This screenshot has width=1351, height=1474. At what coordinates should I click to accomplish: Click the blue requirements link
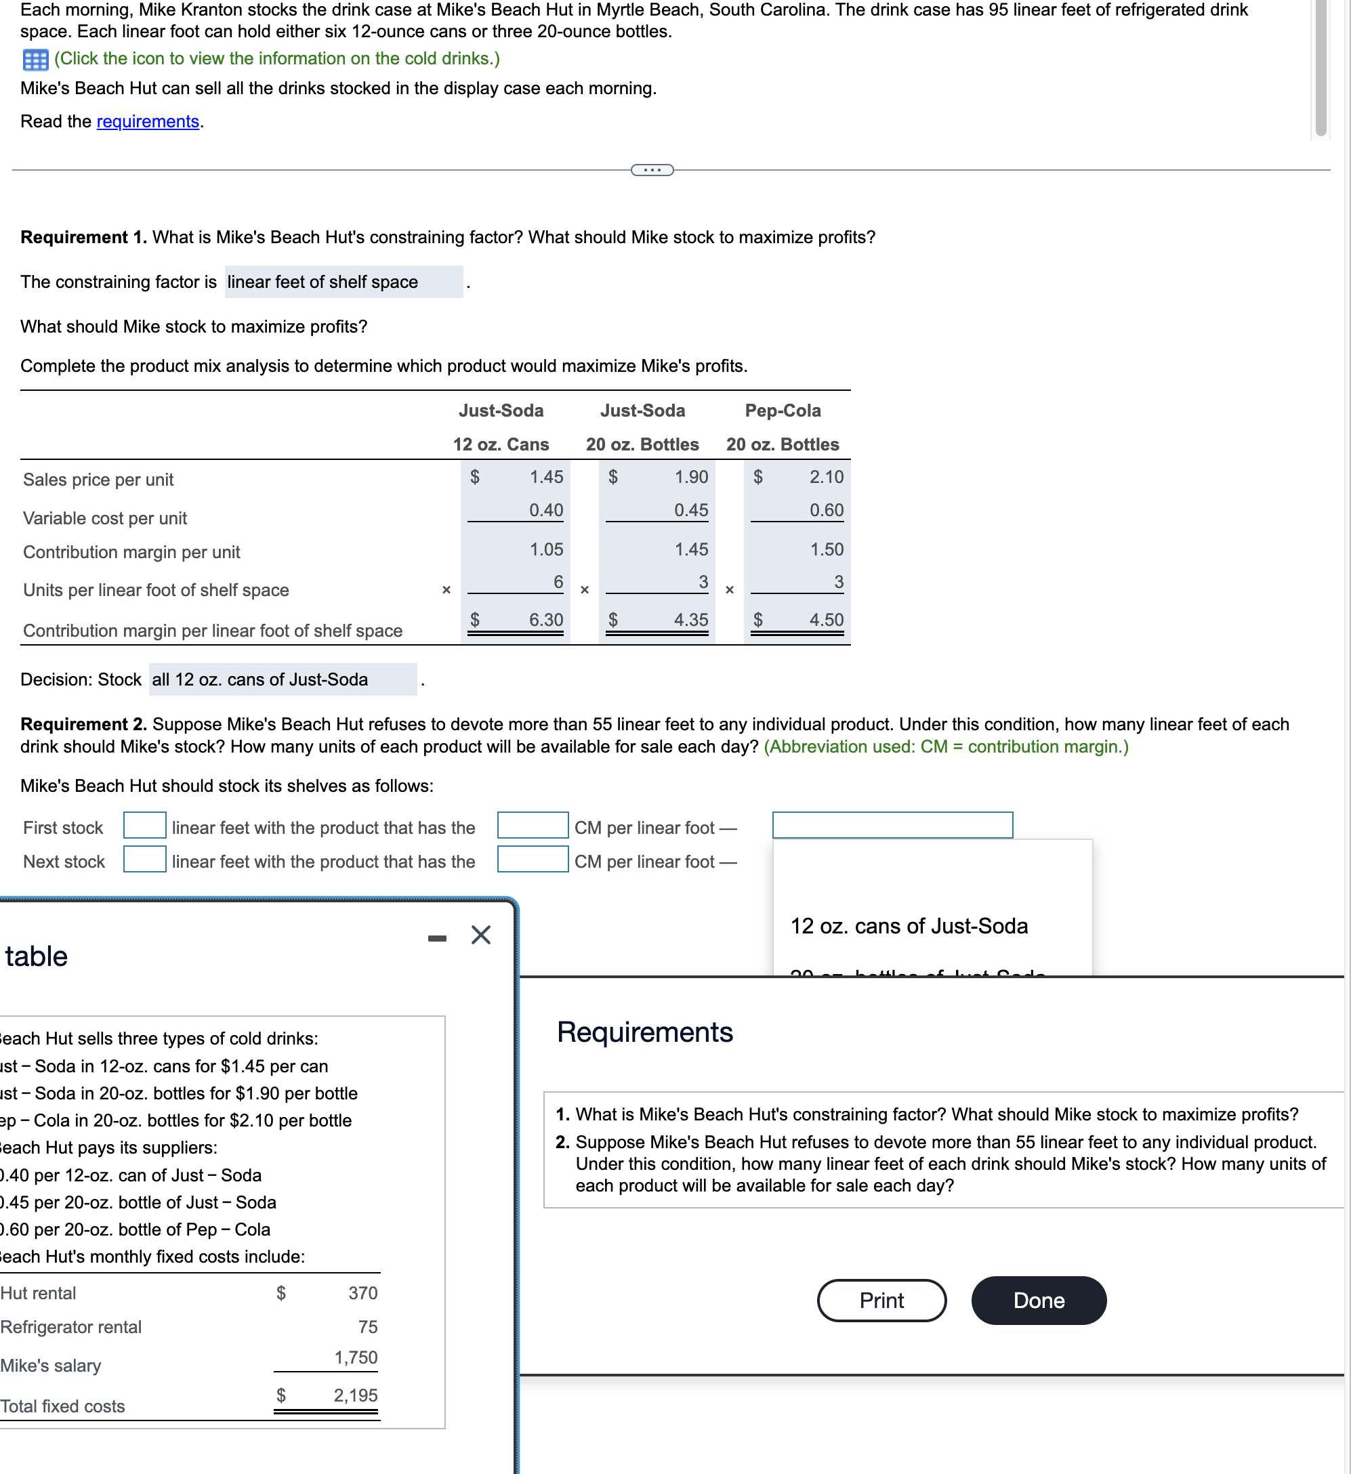148,121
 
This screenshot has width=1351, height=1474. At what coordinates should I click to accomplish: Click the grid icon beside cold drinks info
35,59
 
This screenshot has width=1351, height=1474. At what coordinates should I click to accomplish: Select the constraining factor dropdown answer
343,282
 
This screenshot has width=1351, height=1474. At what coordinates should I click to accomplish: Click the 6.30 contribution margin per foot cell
545,620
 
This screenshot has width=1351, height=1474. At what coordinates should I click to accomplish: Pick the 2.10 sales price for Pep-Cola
826,477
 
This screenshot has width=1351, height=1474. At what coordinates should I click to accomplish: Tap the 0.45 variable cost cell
690,510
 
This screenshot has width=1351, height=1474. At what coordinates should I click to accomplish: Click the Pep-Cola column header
782,411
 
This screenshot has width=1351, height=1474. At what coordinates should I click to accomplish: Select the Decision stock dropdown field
283,680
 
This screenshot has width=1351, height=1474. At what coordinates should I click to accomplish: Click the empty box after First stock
144,826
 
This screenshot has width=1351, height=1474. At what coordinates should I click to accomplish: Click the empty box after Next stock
144,859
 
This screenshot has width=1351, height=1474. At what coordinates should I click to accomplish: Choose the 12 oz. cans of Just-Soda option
909,927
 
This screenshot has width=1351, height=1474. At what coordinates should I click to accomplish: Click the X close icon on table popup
480,935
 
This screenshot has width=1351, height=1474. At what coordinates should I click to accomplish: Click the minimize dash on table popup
438,938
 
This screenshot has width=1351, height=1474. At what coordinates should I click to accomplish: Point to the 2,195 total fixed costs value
356,1395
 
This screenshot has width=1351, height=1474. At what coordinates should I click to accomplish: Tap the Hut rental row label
38,1292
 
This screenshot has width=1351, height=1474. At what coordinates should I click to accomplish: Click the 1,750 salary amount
356,1357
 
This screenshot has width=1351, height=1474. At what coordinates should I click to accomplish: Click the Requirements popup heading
644,1032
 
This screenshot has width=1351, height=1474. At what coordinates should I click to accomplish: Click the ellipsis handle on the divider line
652,170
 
